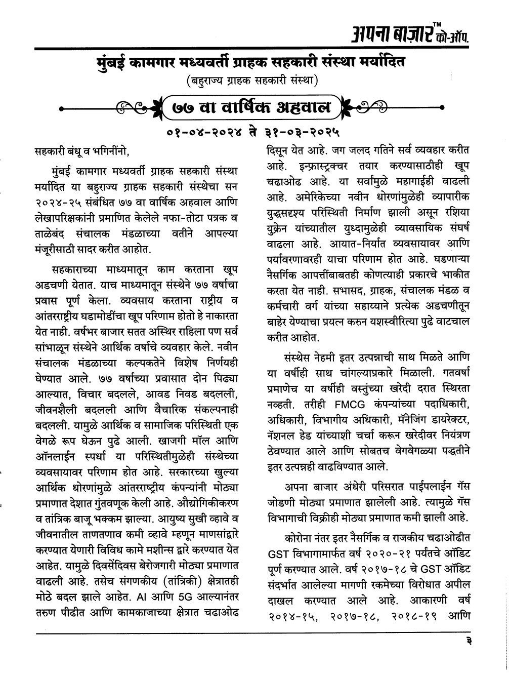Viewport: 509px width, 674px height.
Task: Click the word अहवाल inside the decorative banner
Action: click(x=301, y=108)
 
